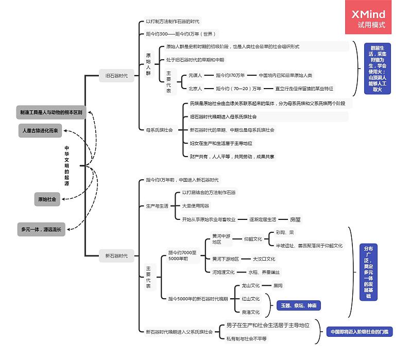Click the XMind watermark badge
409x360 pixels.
368,20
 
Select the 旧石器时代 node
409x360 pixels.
116,76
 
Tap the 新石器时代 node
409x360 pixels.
116,255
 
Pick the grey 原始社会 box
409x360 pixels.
47,199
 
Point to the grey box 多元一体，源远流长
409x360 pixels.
41,230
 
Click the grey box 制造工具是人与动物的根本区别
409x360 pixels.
51,112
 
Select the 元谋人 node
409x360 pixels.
195,75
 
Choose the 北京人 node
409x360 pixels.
195,88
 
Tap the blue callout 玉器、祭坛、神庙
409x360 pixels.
299,305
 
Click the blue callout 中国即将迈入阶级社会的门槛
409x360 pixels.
359,332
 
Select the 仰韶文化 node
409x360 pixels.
253,239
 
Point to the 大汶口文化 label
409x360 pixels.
264,259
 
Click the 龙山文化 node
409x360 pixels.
251,285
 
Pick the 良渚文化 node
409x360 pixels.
251,312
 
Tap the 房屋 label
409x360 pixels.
295,219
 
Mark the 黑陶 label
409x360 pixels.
278,285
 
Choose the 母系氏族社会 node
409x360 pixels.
159,130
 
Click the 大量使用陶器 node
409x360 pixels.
196,205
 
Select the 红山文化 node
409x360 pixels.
251,299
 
